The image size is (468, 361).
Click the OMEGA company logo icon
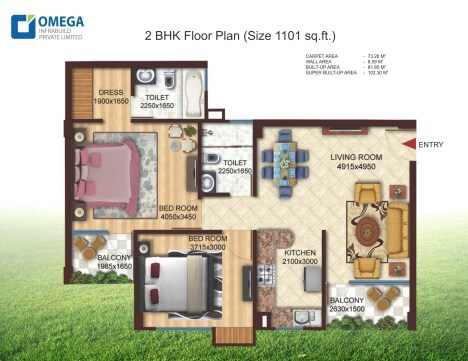pyautogui.click(x=19, y=25)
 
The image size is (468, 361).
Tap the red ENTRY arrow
pyautogui.click(x=409, y=145)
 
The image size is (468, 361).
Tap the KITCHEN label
pyautogui.click(x=300, y=254)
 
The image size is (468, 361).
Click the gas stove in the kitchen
pyautogui.click(x=267, y=274)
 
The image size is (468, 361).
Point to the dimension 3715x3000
pyautogui.click(x=208, y=247)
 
